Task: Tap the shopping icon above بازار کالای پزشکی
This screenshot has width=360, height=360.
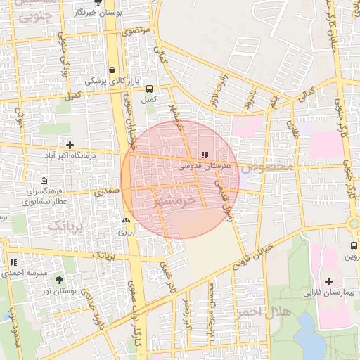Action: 112,70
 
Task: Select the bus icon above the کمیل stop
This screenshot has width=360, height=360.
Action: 148,89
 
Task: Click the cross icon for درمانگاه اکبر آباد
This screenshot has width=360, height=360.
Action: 69,144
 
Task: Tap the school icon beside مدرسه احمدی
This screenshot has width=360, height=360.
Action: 13,262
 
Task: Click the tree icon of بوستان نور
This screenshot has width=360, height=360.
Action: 58,280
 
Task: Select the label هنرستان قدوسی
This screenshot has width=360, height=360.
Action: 203,167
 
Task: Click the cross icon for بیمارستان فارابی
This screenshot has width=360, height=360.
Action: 329,281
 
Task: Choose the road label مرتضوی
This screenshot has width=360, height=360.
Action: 136,32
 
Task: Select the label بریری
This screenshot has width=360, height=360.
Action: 125,231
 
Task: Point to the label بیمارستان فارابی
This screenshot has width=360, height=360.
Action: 327,291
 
